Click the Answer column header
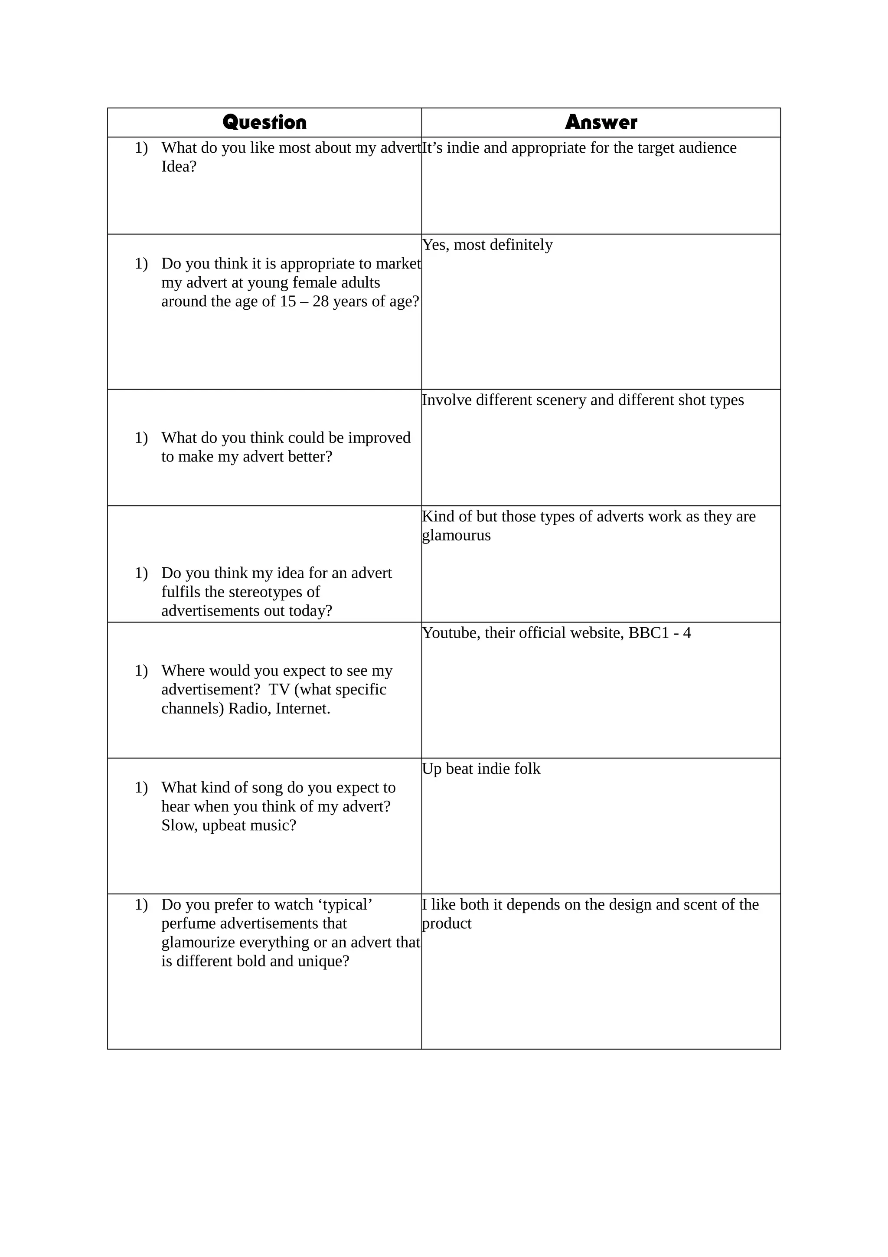[601, 122]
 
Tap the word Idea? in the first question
[178, 167]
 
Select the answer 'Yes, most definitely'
[487, 245]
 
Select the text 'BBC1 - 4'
[659, 633]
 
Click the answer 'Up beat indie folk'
[481, 769]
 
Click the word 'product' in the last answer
[447, 923]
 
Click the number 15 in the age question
[288, 301]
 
